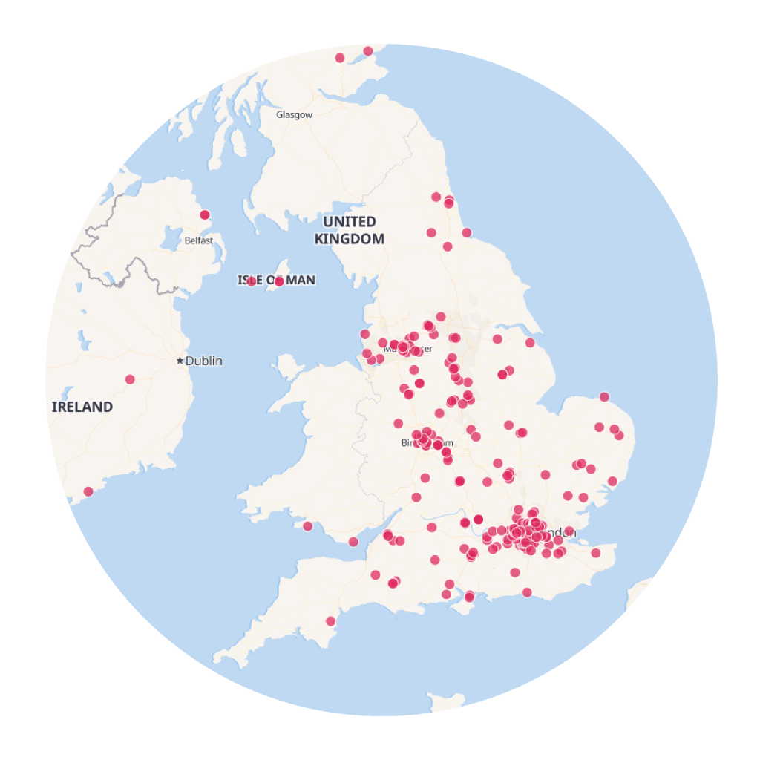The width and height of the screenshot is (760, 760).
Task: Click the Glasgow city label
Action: tap(294, 114)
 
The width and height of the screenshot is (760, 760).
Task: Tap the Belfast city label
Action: tap(199, 240)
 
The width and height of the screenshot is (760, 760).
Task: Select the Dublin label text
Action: tap(204, 361)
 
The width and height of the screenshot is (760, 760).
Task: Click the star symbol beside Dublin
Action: tap(180, 361)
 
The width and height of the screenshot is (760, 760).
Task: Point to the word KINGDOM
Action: tap(350, 239)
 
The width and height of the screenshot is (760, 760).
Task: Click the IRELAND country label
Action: tap(82, 407)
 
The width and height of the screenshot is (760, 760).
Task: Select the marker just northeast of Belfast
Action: tap(205, 215)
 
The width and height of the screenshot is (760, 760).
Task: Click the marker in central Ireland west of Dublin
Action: tap(130, 379)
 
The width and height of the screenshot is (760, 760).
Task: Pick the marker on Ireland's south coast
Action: tap(88, 491)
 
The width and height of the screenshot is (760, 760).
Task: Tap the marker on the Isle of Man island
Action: tap(279, 281)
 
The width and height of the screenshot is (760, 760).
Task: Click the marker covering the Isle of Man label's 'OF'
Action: tap(252, 281)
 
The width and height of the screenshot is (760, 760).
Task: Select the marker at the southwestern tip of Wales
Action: tap(308, 526)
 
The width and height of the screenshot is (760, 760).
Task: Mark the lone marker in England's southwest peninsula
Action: tap(330, 621)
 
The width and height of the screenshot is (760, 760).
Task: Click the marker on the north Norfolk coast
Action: tap(604, 396)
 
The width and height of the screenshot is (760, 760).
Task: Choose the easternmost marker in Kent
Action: tap(595, 553)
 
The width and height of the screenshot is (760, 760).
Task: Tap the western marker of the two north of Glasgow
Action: tap(340, 58)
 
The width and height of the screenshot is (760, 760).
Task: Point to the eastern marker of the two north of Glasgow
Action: tap(367, 51)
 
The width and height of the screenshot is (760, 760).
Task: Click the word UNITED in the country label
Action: tap(350, 221)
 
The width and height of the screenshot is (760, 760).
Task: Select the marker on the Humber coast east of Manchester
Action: tap(530, 343)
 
